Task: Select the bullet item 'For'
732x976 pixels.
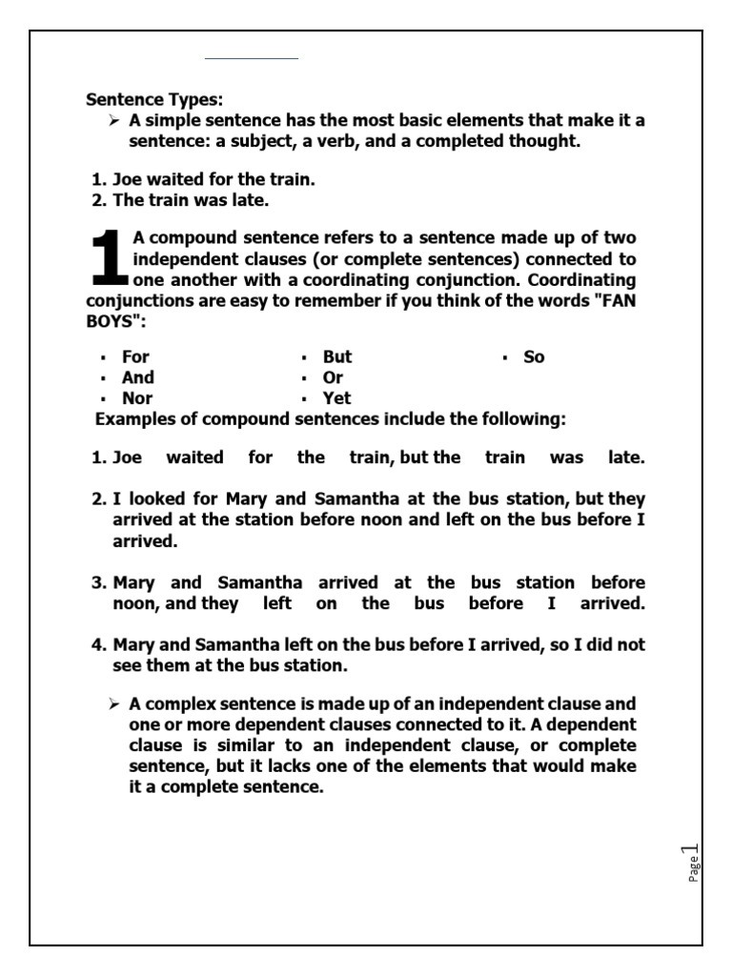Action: pyautogui.click(x=135, y=356)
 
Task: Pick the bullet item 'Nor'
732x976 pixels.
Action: pyautogui.click(x=136, y=398)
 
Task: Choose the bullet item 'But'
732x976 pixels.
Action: pyautogui.click(x=337, y=356)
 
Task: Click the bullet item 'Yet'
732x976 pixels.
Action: pyautogui.click(x=336, y=398)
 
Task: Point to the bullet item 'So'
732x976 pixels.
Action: pyautogui.click(x=534, y=356)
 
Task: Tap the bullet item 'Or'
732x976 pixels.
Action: pyautogui.click(x=333, y=377)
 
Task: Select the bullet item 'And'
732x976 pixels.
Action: pyautogui.click(x=137, y=377)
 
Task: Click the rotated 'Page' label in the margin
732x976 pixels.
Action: pyautogui.click(x=694, y=867)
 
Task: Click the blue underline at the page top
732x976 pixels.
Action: pyautogui.click(x=252, y=59)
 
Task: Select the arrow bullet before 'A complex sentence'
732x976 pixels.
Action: pyautogui.click(x=114, y=704)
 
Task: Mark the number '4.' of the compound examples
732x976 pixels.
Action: pyautogui.click(x=100, y=644)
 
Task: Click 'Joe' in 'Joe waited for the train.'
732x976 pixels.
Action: pyautogui.click(x=128, y=179)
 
